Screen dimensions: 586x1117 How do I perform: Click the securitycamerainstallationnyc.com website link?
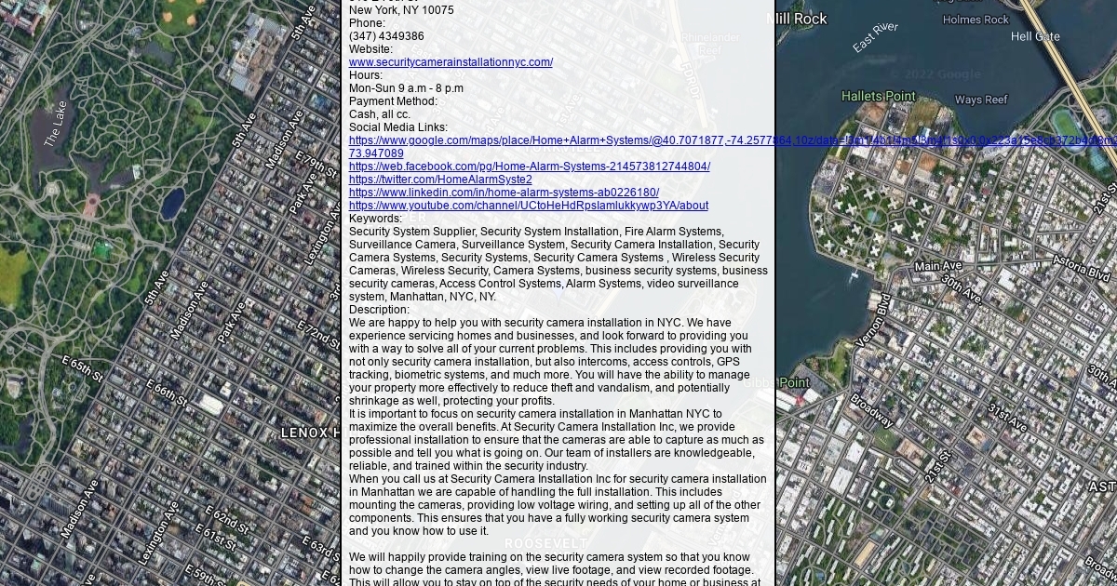click(451, 62)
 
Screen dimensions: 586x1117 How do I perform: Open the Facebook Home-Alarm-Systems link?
click(529, 166)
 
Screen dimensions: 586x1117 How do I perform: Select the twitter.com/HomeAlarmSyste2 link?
click(440, 180)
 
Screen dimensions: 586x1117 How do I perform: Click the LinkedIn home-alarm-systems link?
click(504, 193)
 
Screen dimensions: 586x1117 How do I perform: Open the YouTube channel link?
click(528, 206)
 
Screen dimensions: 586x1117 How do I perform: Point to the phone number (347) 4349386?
click(386, 36)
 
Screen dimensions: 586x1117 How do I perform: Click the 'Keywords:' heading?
click(375, 219)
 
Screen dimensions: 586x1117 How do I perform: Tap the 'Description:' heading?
click(379, 310)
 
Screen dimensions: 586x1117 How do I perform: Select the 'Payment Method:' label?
click(393, 101)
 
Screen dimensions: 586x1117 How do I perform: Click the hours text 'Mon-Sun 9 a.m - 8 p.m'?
click(406, 88)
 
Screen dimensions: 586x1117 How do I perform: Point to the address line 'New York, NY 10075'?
click(401, 10)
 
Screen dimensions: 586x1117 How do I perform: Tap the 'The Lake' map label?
click(56, 124)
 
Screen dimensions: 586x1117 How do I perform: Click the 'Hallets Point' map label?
click(878, 96)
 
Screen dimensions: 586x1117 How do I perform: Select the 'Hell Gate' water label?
click(1034, 36)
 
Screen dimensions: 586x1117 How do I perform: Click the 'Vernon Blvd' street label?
click(875, 320)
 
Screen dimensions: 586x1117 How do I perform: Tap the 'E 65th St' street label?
click(82, 367)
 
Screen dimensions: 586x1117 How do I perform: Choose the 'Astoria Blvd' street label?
click(1081, 267)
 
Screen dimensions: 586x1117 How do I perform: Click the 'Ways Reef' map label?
click(980, 100)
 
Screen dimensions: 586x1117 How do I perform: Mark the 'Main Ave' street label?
click(937, 266)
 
